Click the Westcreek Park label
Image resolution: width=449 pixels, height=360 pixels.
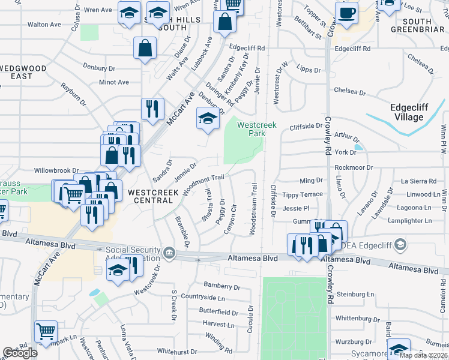[251, 129]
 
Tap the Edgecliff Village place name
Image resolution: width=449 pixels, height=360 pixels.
[407, 112]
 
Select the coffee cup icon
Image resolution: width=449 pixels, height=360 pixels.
[346, 14]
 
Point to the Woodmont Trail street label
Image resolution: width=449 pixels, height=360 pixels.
[203, 183]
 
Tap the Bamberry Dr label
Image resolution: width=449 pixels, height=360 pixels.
[221, 286]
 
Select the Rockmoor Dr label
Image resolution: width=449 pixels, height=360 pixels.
[354, 167]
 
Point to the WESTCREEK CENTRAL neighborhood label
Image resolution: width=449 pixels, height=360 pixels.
[153, 197]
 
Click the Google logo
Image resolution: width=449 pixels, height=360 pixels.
[20, 353]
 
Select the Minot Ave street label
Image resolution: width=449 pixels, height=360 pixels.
[114, 82]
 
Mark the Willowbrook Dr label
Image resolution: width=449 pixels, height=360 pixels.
[57, 170]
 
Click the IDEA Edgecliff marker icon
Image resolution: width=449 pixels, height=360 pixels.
[401, 244]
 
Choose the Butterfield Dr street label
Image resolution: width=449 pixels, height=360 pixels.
[218, 312]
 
